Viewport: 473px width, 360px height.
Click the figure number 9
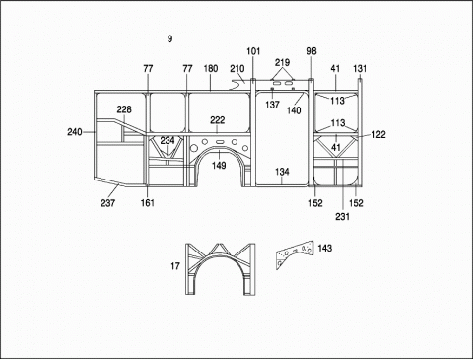[169, 38]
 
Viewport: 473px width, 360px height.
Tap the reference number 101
[253, 51]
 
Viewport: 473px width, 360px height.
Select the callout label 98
[311, 51]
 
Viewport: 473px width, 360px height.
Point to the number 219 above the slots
[282, 62]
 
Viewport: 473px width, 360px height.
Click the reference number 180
[211, 68]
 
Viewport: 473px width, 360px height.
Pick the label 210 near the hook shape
[237, 69]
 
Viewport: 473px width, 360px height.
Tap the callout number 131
[360, 69]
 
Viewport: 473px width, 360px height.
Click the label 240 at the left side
[75, 132]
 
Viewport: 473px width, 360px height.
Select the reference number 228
[124, 109]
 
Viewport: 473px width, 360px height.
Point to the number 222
[218, 120]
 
